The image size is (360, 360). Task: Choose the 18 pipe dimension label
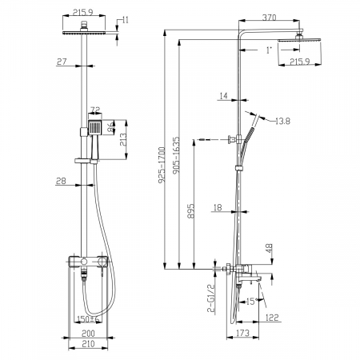(x=217, y=208)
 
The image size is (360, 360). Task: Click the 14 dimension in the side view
(x=222, y=96)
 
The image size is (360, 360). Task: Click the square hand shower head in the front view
(x=96, y=126)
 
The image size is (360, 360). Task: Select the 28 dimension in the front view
(x=62, y=182)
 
